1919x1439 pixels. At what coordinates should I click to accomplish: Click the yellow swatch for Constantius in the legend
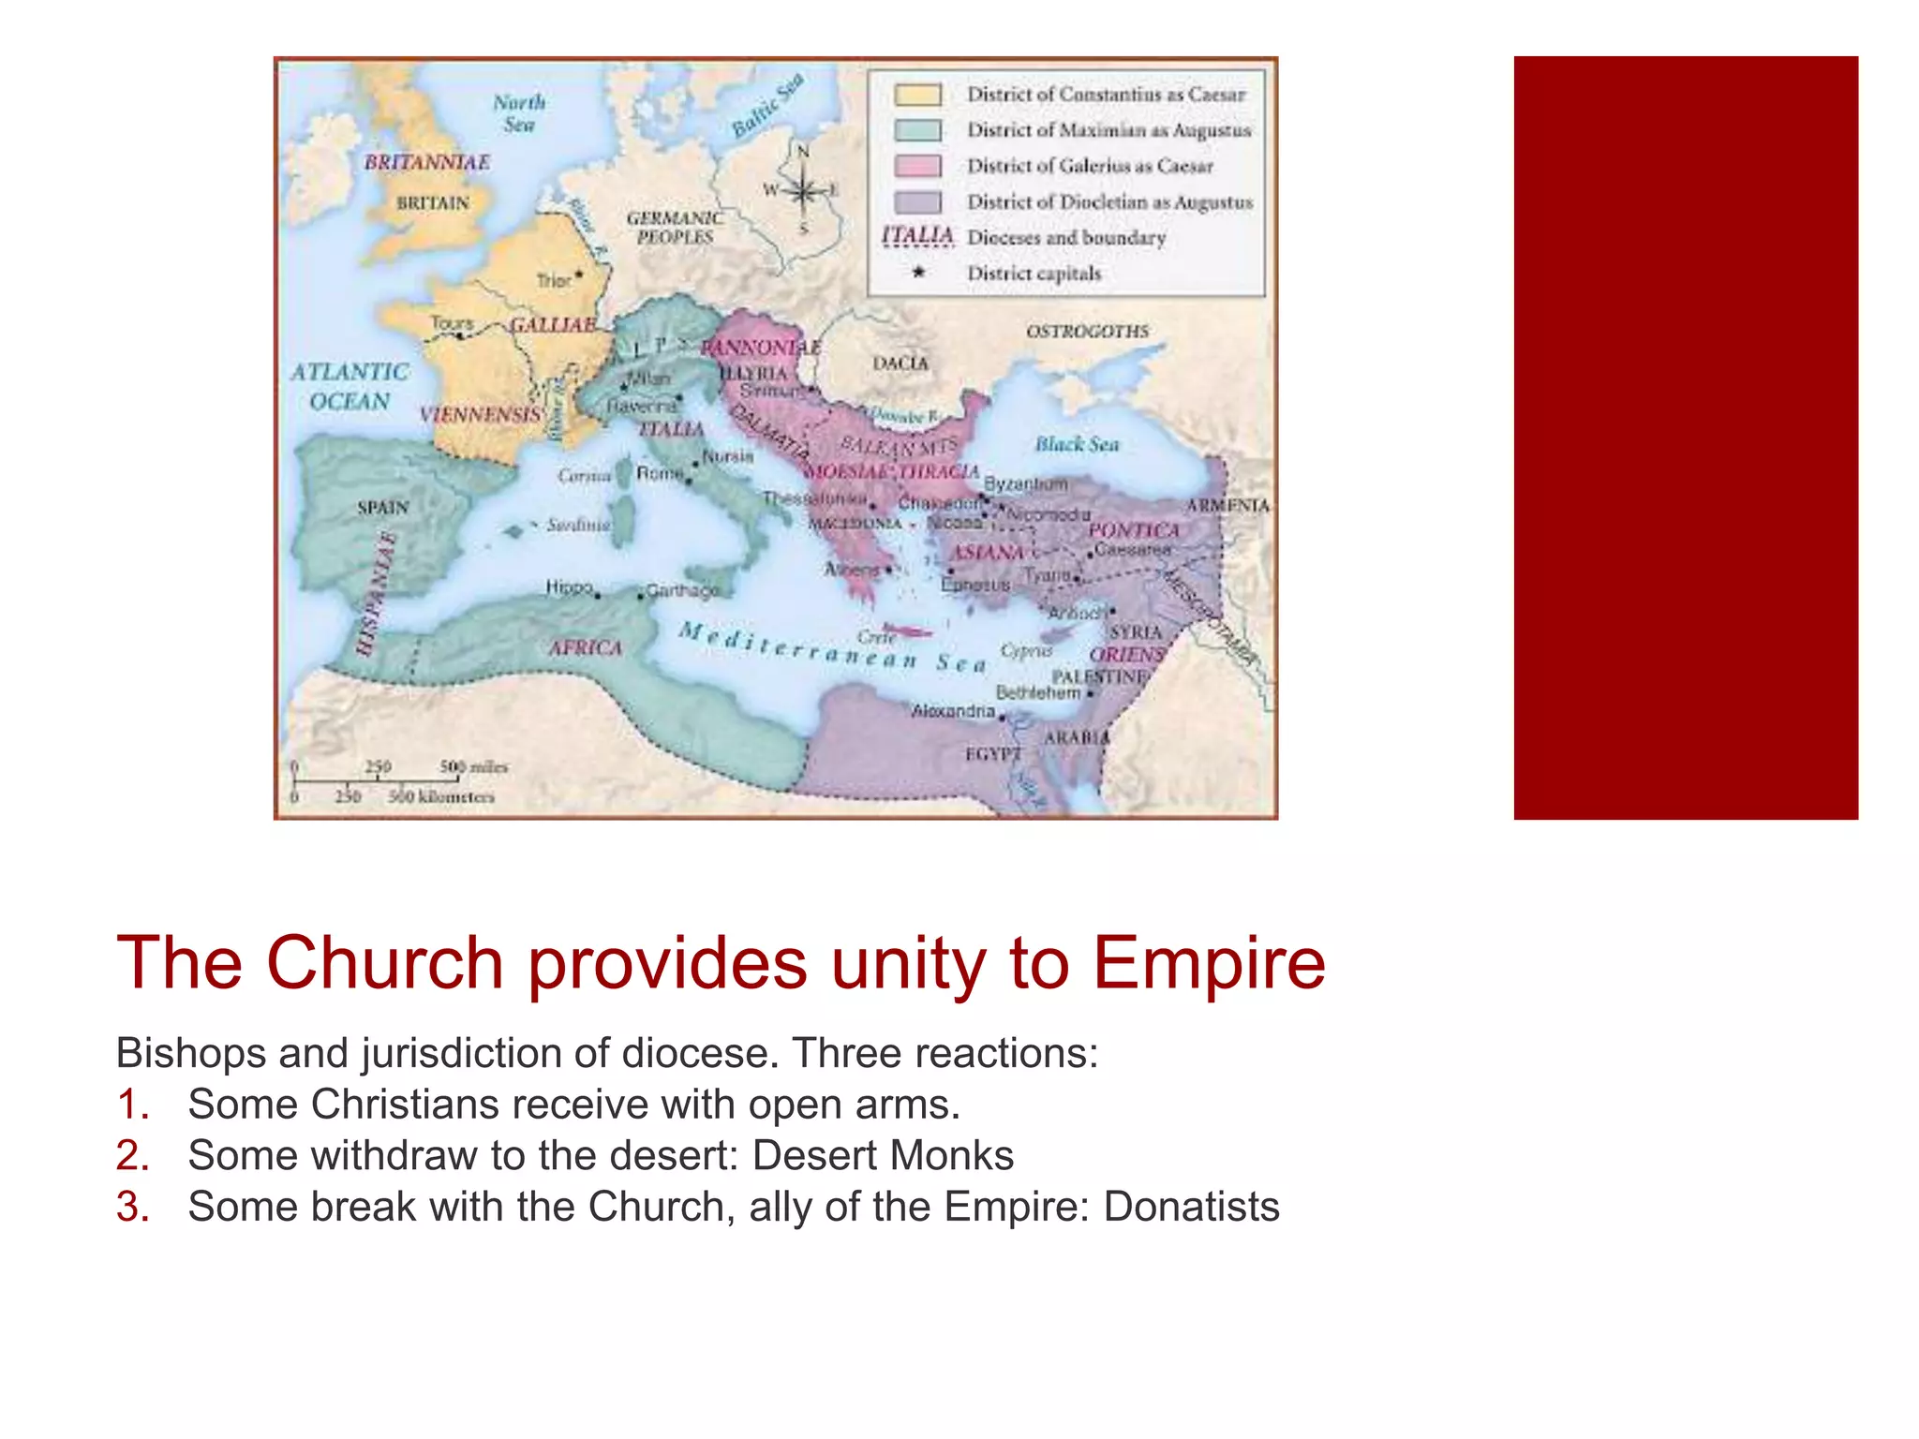click(x=917, y=95)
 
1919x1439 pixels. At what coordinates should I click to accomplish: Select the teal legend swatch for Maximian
click(x=917, y=130)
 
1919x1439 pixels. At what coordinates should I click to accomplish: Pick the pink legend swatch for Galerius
click(x=917, y=166)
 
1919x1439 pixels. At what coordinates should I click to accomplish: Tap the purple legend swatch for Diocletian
click(x=917, y=201)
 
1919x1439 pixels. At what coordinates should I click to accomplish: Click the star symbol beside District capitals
click(x=918, y=273)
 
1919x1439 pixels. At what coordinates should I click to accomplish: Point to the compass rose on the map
click(x=802, y=191)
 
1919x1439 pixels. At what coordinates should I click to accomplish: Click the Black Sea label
click(x=1077, y=444)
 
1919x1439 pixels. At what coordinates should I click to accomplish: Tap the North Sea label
click(x=519, y=113)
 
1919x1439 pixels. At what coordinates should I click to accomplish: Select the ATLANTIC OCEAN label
click(x=350, y=386)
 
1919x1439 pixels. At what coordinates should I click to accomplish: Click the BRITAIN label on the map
click(x=433, y=203)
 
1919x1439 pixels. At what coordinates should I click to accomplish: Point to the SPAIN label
click(x=383, y=507)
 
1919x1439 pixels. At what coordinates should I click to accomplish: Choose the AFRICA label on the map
click(x=586, y=647)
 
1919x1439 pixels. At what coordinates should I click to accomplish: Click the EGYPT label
click(x=993, y=753)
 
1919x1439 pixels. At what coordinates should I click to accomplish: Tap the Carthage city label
click(x=682, y=590)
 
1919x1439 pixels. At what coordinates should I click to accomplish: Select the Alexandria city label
click(x=953, y=711)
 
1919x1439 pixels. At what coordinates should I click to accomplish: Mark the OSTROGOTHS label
click(x=1087, y=332)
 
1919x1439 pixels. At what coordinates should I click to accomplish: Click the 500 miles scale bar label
click(x=473, y=766)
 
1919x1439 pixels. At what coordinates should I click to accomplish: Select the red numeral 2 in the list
click(x=132, y=1156)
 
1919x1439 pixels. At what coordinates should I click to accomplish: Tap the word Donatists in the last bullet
click(x=1191, y=1207)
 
